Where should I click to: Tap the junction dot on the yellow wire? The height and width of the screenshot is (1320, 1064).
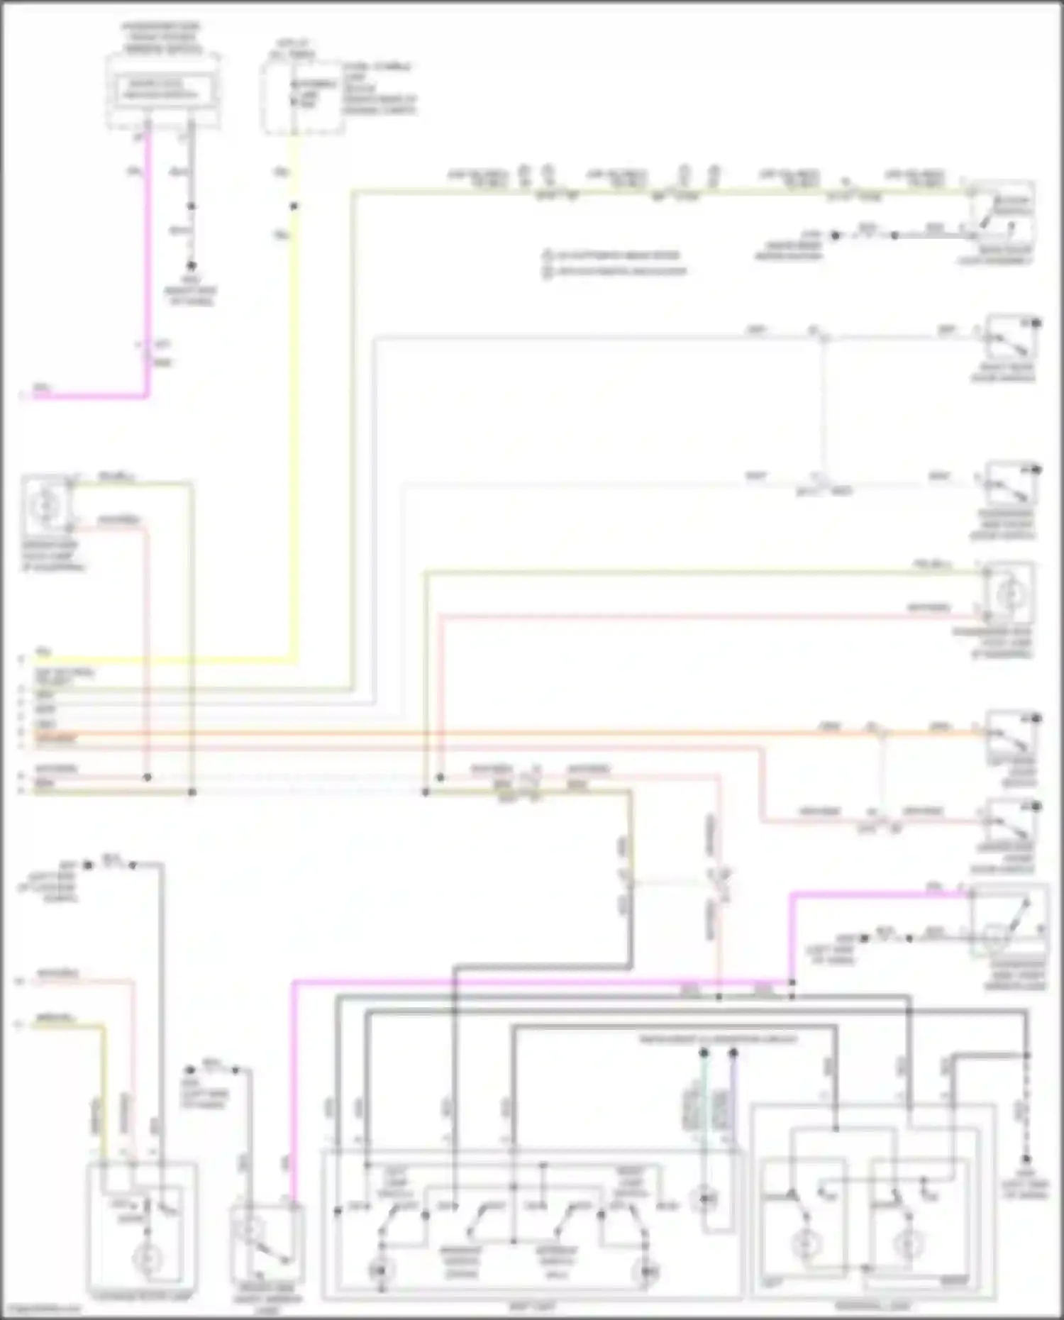pyautogui.click(x=294, y=206)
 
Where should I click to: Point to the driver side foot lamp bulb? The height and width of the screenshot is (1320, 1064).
pyautogui.click(x=47, y=504)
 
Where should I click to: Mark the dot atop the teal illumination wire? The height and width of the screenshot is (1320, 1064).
pyautogui.click(x=704, y=1053)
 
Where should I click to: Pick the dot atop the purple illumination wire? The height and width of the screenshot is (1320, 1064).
pyautogui.click(x=733, y=1053)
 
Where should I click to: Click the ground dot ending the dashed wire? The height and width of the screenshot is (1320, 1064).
pyautogui.click(x=1026, y=1160)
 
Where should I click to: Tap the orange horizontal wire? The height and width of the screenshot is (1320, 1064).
pyautogui.click(x=497, y=733)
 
